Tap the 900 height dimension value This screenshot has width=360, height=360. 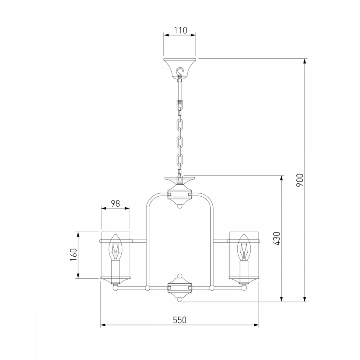[x=300, y=180]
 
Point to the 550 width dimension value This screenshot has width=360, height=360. [x=180, y=320]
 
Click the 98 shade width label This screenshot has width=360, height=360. [x=116, y=203]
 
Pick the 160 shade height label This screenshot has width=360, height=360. [x=73, y=255]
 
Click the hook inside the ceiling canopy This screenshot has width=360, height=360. [x=180, y=71]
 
